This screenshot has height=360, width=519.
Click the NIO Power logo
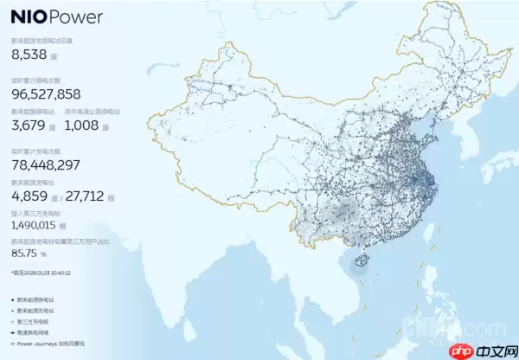tap(57, 16)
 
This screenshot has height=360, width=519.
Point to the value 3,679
tap(29, 125)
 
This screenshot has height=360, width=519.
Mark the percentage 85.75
tap(27, 254)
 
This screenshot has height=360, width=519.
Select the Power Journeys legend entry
tap(42, 343)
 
